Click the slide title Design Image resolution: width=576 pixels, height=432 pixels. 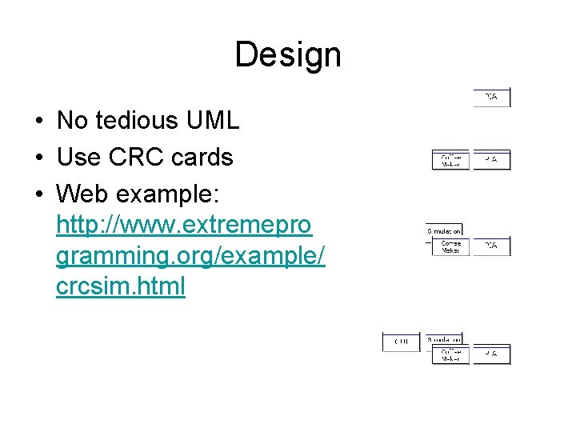click(x=288, y=55)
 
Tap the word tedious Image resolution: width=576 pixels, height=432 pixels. click(x=138, y=121)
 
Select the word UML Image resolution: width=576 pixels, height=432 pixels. click(x=212, y=121)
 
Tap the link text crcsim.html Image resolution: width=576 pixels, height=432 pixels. click(x=121, y=286)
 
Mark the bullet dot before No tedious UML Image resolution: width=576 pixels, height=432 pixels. click(x=38, y=122)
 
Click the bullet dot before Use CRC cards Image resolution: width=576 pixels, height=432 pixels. click(x=38, y=158)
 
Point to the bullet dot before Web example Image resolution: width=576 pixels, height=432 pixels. click(x=38, y=194)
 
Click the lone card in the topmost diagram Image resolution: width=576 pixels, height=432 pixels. click(x=491, y=98)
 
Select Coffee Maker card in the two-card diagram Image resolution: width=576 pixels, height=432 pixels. click(x=450, y=160)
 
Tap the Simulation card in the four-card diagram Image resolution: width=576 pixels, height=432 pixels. click(x=443, y=339)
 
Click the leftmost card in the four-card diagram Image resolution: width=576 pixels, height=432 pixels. click(x=401, y=342)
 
